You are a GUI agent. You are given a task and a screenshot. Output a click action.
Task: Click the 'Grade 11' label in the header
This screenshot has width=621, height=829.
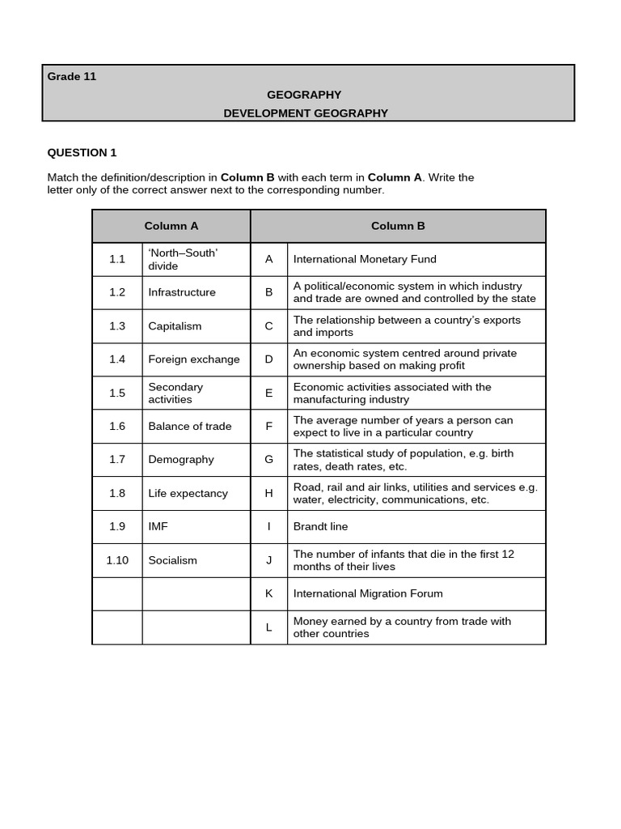[72, 76]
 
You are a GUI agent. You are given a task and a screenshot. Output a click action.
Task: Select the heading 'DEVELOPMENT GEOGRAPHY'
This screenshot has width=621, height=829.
[306, 113]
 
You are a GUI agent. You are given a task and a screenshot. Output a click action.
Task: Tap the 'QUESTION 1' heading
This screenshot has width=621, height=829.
[82, 152]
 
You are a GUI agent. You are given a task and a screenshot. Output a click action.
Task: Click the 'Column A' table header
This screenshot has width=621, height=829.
[171, 226]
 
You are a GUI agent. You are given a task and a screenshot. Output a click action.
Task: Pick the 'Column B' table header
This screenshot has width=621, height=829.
[398, 226]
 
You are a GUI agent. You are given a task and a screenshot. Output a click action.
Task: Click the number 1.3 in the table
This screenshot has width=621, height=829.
[117, 326]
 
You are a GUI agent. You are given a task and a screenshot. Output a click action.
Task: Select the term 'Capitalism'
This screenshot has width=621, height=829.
[175, 326]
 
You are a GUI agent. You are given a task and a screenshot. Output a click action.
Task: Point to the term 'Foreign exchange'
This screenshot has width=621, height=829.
[194, 359]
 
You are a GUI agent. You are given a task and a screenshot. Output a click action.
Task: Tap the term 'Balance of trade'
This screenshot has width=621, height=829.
[190, 426]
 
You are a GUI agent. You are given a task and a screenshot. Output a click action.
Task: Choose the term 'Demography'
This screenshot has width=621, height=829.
[181, 460]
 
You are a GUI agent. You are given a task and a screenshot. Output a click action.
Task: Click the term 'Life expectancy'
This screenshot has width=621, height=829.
[188, 493]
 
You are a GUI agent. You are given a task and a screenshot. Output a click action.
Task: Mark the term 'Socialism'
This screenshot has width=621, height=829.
[172, 560]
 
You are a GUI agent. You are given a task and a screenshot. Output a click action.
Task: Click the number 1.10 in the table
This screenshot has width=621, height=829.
[117, 560]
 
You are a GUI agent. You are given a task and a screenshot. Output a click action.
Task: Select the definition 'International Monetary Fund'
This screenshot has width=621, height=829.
[365, 259]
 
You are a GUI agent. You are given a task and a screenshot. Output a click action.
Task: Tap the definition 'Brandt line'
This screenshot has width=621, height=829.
[320, 526]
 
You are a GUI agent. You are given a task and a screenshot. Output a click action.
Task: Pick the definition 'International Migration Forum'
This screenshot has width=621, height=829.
[368, 593]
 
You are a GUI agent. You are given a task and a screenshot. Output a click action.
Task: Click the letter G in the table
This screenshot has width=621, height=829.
[269, 460]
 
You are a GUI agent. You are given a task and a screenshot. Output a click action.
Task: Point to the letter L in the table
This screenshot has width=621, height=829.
[269, 627]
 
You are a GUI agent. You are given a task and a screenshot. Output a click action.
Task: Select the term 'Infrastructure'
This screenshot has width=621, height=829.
[182, 292]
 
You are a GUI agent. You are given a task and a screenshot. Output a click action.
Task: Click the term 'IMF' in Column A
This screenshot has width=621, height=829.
[158, 526]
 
